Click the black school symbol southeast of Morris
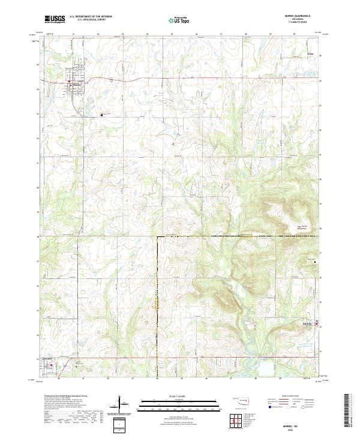click(x=101, y=115)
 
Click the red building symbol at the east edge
click(x=316, y=324)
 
